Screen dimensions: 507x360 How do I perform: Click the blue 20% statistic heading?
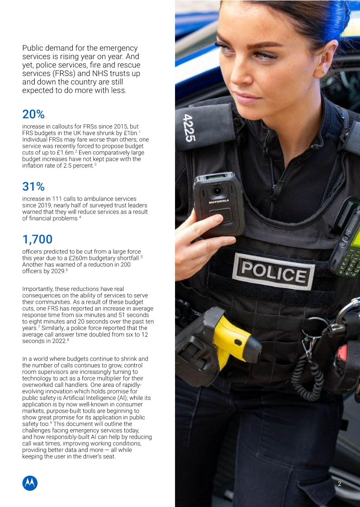coord(33,114)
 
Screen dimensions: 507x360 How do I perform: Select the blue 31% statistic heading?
coord(33,186)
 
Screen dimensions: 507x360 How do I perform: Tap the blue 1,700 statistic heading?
coord(37,239)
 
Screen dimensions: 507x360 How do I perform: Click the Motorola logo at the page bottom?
coord(30,483)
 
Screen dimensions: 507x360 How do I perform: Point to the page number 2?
coord(340,484)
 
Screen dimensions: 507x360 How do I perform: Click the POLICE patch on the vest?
coord(273,271)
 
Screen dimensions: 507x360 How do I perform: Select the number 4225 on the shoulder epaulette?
coord(189,128)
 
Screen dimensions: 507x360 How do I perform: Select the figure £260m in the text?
coord(93,258)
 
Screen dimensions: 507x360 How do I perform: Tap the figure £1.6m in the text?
coord(66,153)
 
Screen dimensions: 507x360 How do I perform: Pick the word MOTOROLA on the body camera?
coord(218,202)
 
